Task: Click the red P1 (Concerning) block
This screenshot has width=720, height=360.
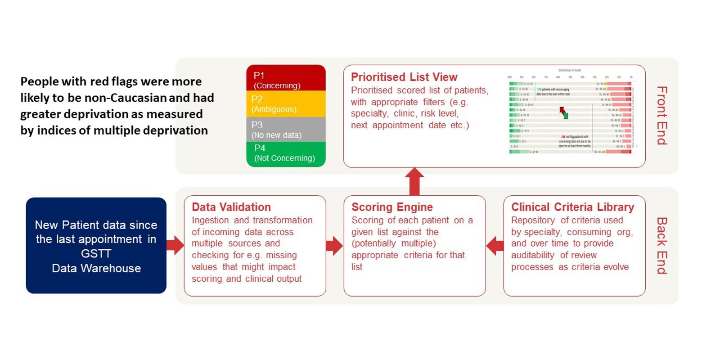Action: click(286, 78)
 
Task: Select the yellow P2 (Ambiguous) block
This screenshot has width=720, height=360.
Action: click(286, 104)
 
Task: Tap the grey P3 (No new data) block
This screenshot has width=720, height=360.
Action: click(286, 130)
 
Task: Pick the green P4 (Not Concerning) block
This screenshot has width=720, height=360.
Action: click(286, 154)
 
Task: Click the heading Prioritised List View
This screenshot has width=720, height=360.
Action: click(404, 77)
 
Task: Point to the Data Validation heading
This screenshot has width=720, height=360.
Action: click(231, 207)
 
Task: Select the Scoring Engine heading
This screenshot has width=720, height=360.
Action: click(392, 207)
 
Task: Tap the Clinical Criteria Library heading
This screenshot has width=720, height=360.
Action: click(572, 207)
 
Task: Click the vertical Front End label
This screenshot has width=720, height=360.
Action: click(661, 115)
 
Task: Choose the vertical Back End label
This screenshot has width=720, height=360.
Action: click(661, 246)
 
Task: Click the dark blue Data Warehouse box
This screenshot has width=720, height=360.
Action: click(96, 246)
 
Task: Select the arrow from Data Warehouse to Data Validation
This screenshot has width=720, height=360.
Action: click(175, 245)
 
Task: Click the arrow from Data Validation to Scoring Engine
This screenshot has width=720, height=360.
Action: click(334, 246)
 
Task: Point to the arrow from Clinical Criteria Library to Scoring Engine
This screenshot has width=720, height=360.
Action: click(495, 246)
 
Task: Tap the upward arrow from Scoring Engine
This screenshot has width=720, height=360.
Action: click(414, 181)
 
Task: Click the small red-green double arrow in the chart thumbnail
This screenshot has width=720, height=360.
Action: click(564, 112)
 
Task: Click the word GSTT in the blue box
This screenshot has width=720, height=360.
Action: click(96, 254)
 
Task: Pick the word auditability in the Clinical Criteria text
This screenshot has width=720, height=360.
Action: click(533, 255)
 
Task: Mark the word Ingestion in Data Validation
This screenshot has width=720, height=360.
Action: click(210, 220)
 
